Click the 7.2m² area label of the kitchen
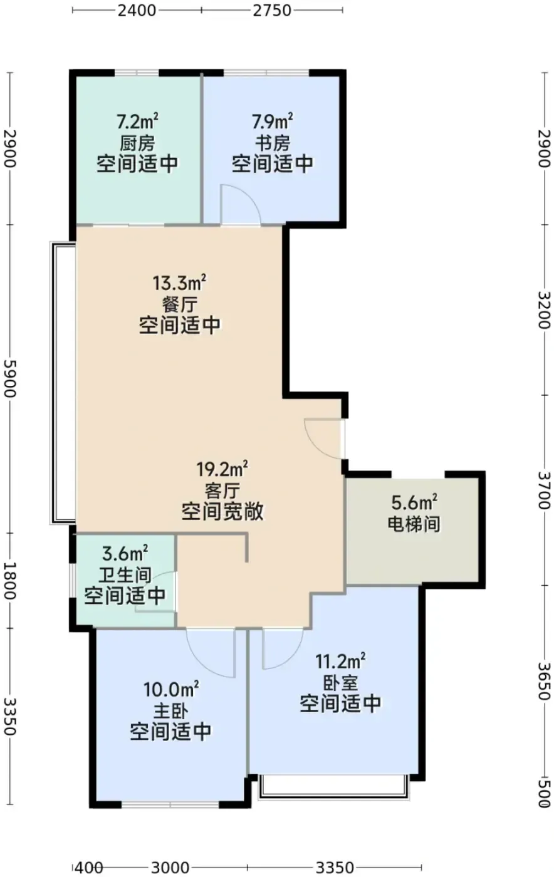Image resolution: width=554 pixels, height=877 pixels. [x=137, y=122]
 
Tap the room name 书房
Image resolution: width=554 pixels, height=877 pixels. [x=273, y=143]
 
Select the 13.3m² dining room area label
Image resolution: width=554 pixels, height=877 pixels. [x=179, y=283]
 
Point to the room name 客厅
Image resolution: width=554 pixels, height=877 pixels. [x=222, y=490]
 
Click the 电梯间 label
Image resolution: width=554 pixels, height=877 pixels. [x=414, y=524]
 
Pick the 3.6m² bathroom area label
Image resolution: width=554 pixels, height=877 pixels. [x=125, y=554]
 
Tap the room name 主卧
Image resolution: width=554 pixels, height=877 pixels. [x=171, y=710]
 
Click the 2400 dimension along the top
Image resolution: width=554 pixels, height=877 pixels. [x=137, y=10]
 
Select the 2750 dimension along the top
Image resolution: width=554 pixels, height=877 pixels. [x=272, y=10]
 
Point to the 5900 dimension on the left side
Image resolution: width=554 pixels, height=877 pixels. [x=10, y=378]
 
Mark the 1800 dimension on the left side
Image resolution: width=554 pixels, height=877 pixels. [x=10, y=581]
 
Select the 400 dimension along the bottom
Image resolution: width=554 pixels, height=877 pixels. [x=88, y=868]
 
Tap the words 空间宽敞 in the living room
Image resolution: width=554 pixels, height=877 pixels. [x=222, y=511]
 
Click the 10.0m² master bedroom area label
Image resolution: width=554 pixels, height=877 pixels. [x=171, y=689]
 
